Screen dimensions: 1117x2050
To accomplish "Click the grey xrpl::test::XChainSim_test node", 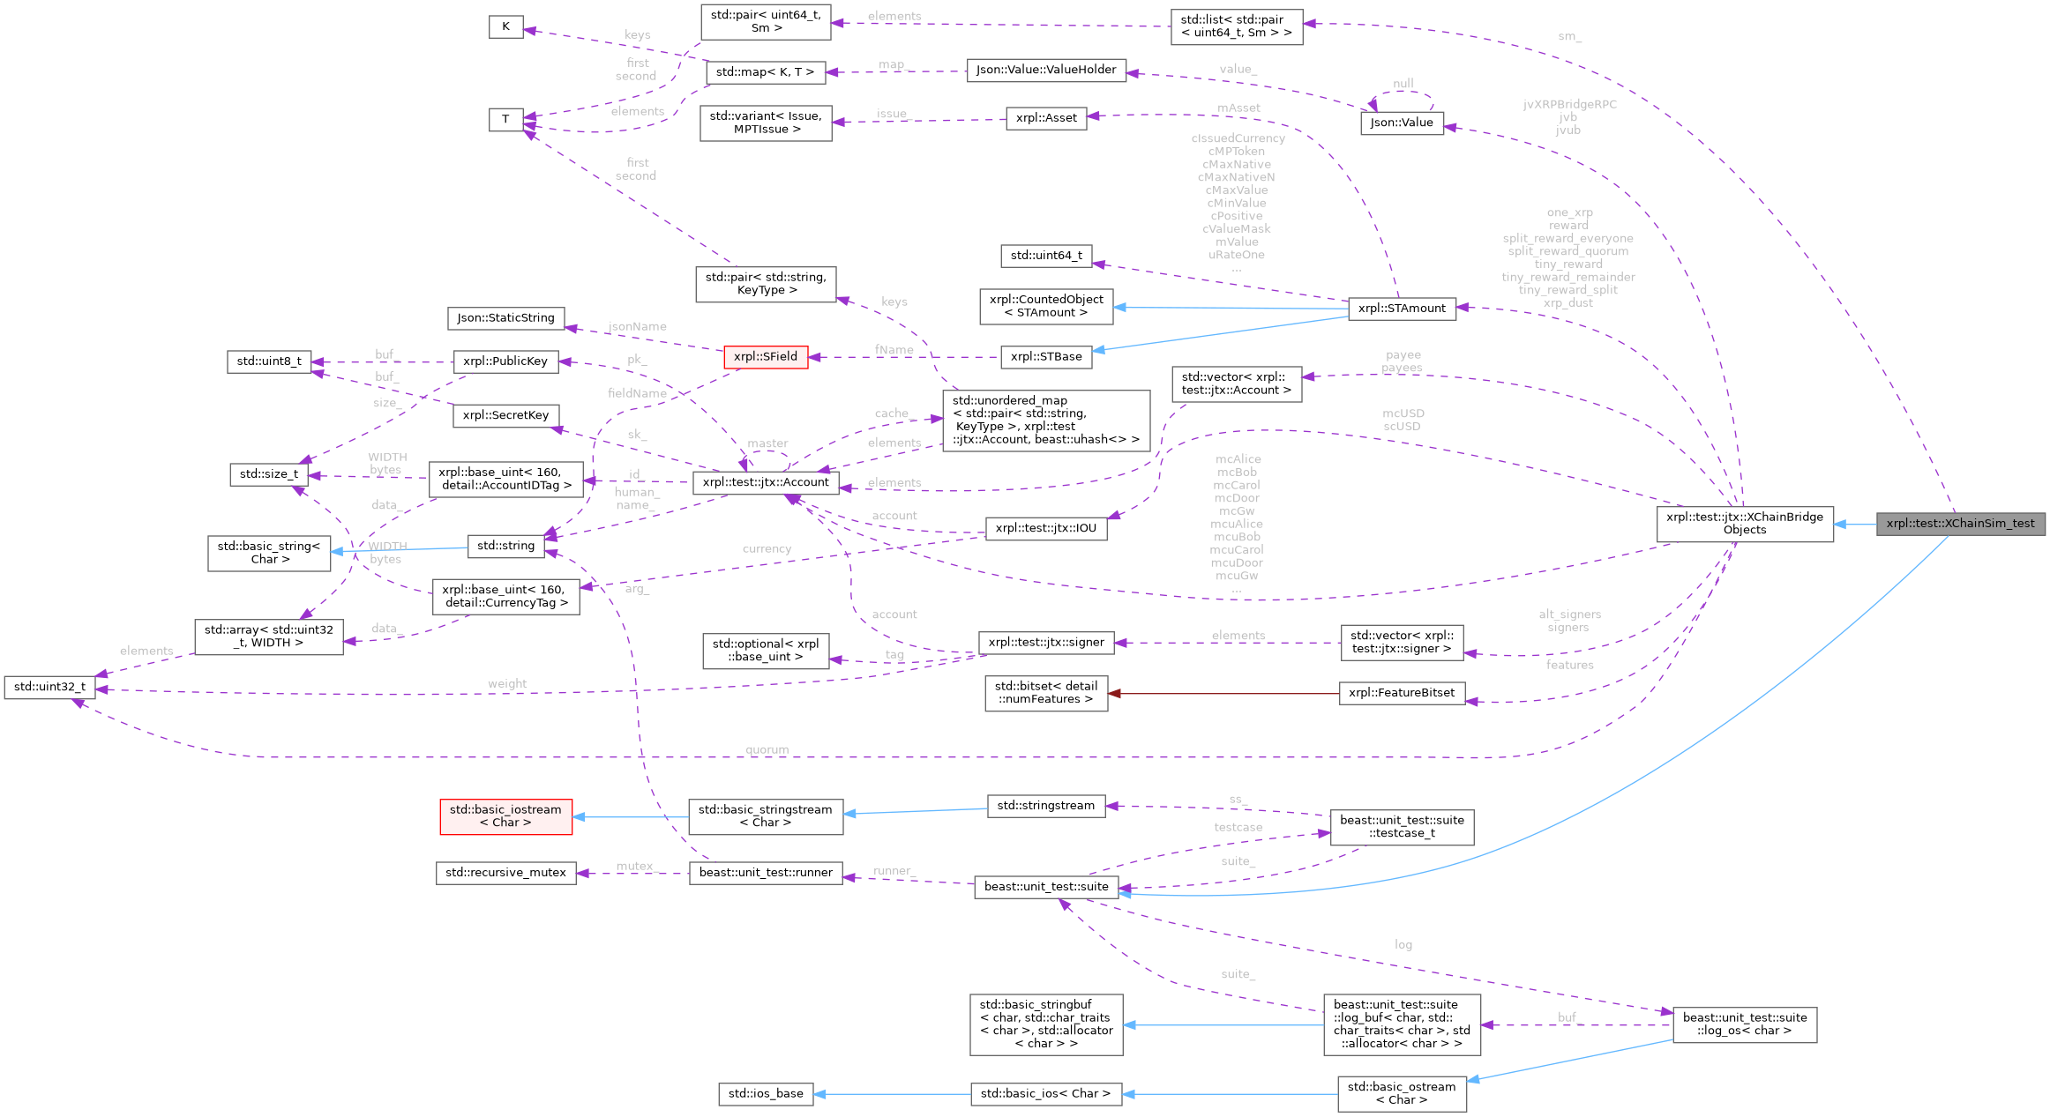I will point(1960,524).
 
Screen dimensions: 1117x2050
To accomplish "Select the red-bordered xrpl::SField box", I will point(765,356).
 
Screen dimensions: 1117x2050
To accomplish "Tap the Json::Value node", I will point(1401,123).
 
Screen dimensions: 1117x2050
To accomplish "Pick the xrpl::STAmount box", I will point(1402,308).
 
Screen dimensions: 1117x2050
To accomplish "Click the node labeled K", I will point(505,26).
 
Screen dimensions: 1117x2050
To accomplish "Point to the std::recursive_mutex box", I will point(505,873).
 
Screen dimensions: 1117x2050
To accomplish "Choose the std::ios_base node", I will point(765,1093).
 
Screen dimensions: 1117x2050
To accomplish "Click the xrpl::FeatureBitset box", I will point(1401,693).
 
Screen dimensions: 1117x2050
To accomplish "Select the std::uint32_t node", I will point(49,687).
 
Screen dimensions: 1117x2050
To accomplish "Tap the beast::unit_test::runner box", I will point(765,873).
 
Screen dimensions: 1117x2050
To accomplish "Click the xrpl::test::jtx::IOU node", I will point(1045,528).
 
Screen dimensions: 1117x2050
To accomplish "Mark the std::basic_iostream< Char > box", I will point(505,816).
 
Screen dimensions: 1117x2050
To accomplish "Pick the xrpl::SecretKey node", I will point(505,415).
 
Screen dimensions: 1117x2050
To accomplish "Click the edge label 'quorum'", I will point(767,749).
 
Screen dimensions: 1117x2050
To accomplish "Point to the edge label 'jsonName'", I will point(637,326).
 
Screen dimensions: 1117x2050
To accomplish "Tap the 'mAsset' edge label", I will point(1238,108).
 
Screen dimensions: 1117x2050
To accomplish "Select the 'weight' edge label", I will point(507,683).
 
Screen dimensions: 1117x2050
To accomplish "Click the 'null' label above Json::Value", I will point(1403,84).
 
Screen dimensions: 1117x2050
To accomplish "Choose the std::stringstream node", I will point(1045,806).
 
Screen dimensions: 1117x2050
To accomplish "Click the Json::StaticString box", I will point(505,317).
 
